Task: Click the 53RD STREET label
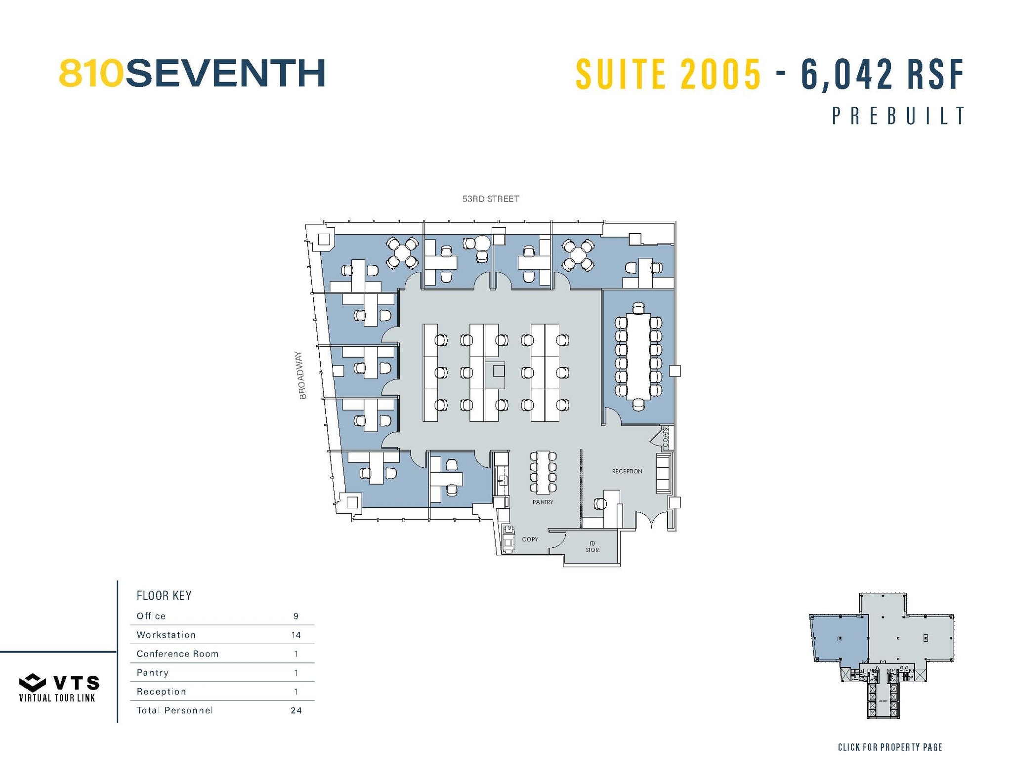pyautogui.click(x=490, y=199)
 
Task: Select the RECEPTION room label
pyautogui.click(x=627, y=471)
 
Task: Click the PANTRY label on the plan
pyautogui.click(x=543, y=502)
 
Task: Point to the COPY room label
pyautogui.click(x=530, y=539)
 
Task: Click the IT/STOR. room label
pyautogui.click(x=592, y=547)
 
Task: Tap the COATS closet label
pyautogui.click(x=666, y=437)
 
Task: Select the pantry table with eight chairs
pyautogui.click(x=543, y=472)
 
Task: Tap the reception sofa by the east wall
pyautogui.click(x=663, y=474)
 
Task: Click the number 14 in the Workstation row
pyautogui.click(x=295, y=635)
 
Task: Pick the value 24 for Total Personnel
pyautogui.click(x=295, y=710)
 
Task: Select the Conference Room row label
pyautogui.click(x=177, y=654)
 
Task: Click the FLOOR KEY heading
pyautogui.click(x=164, y=595)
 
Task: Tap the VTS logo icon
pyautogui.click(x=33, y=682)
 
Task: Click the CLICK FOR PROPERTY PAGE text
pyautogui.click(x=889, y=747)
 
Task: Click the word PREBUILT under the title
pyautogui.click(x=898, y=116)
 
